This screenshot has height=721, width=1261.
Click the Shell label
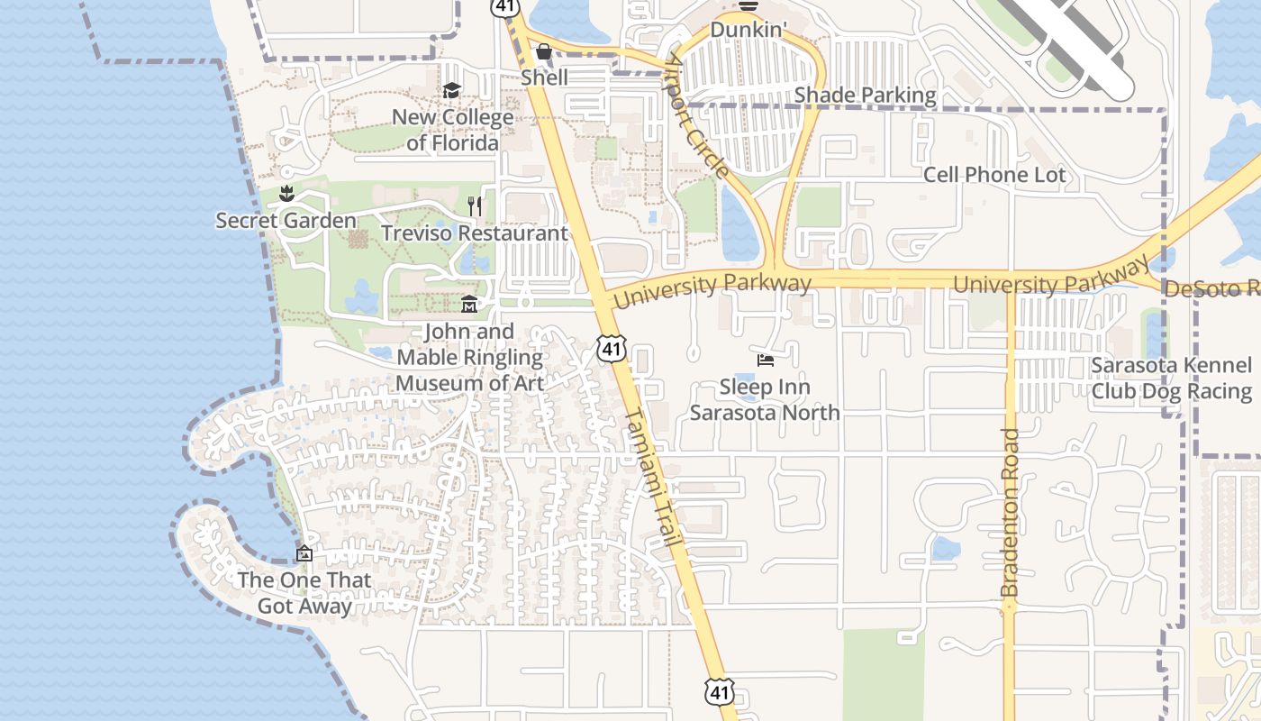[544, 78]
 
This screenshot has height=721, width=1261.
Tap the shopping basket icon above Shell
[544, 51]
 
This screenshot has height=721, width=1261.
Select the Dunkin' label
[748, 30]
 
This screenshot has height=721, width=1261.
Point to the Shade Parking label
[865, 95]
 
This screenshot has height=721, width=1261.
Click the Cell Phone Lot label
[994, 175]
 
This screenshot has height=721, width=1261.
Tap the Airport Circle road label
[698, 115]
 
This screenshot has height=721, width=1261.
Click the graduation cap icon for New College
[451, 91]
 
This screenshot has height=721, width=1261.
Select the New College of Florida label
[452, 130]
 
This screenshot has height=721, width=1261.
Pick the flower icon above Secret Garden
[286, 194]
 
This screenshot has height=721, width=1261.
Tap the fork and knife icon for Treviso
[475, 206]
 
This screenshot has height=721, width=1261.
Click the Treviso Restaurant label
[475, 233]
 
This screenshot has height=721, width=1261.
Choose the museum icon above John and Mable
[469, 305]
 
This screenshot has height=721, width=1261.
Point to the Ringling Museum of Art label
[469, 357]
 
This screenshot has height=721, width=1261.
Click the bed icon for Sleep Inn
[766, 361]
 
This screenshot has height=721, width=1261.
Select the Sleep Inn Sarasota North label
[765, 399]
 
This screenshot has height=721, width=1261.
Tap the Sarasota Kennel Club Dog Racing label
[1172, 379]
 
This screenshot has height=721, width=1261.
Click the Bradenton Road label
[1010, 512]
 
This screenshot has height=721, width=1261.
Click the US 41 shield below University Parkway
[611, 348]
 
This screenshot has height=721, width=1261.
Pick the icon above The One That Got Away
[304, 553]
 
